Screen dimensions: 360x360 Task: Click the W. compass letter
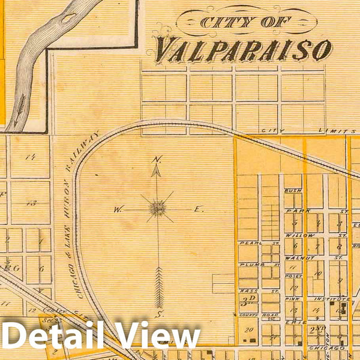click(x=118, y=210)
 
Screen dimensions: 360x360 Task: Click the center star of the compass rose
click(x=158, y=208)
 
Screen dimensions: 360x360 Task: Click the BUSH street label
click(x=293, y=190)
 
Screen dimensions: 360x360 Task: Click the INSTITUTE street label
click(x=334, y=298)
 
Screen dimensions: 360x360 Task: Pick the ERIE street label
click(x=292, y=323)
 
